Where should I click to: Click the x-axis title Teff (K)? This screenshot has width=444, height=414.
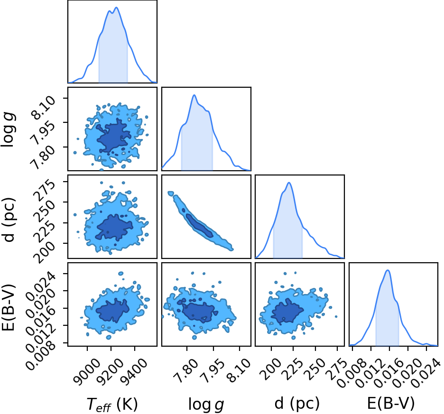click(112, 404)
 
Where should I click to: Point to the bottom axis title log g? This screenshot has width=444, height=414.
click(206, 405)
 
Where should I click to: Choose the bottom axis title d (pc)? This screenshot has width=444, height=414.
click(297, 403)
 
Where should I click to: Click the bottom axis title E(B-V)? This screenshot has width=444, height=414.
click(391, 403)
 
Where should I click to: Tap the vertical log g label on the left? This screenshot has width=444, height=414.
click(9, 129)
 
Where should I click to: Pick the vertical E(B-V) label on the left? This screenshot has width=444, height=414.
click(8, 307)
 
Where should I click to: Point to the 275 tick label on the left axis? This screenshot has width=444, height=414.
click(44, 189)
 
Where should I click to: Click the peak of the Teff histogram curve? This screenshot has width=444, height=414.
click(116, 8)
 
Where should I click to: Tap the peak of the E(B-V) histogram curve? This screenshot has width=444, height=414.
click(388, 270)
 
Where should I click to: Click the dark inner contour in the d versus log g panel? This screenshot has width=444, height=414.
click(199, 226)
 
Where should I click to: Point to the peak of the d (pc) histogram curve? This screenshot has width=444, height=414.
click(289, 183)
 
